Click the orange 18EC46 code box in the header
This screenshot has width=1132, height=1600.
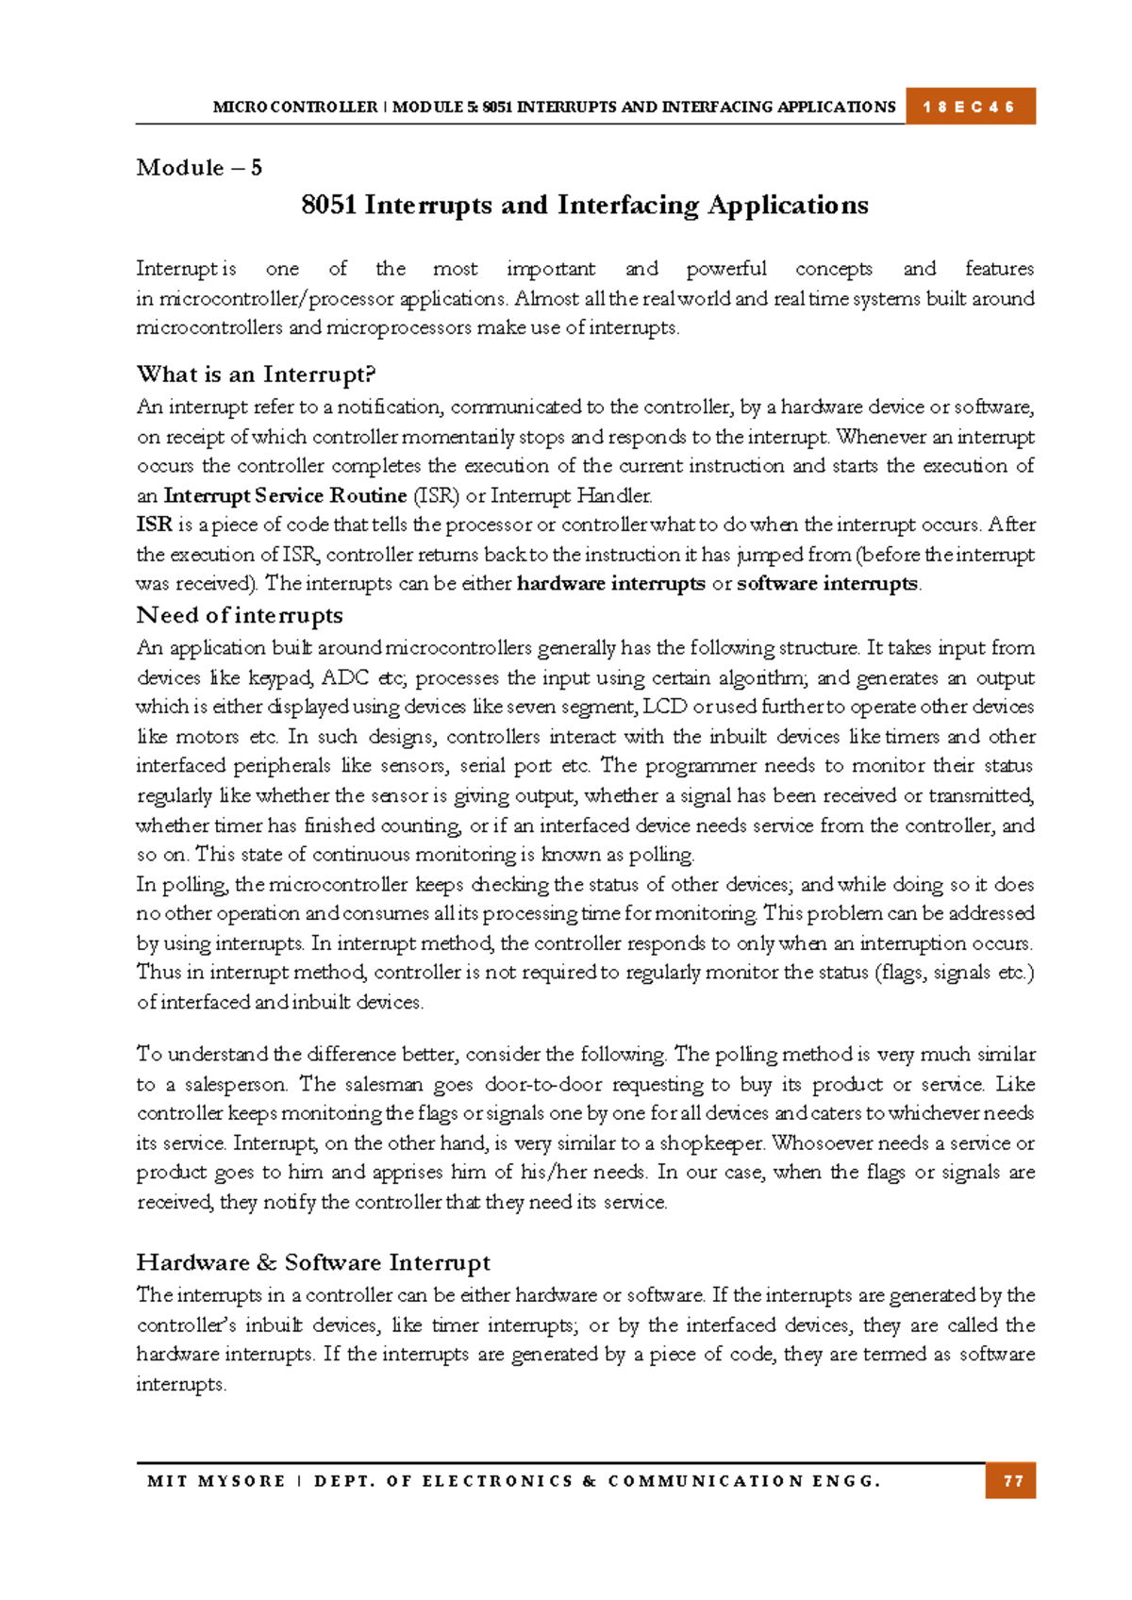pyautogui.click(x=970, y=107)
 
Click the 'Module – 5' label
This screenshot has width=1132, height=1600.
pyautogui.click(x=199, y=168)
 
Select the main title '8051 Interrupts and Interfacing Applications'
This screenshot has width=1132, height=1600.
pyautogui.click(x=584, y=206)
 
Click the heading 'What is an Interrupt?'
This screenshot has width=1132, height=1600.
pyautogui.click(x=256, y=375)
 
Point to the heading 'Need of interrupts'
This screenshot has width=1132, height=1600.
pyautogui.click(x=240, y=615)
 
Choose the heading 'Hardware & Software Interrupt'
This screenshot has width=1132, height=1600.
pyautogui.click(x=313, y=1262)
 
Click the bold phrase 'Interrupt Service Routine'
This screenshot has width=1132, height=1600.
pyautogui.click(x=285, y=495)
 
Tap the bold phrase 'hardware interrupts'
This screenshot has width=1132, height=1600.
pyautogui.click(x=610, y=583)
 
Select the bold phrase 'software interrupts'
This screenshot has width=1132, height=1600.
pyautogui.click(x=826, y=583)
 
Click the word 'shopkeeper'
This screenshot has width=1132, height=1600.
pyautogui.click(x=711, y=1143)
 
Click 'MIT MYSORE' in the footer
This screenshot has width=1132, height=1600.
pyautogui.click(x=216, y=1481)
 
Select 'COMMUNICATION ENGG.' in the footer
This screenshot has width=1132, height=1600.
pyautogui.click(x=744, y=1481)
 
